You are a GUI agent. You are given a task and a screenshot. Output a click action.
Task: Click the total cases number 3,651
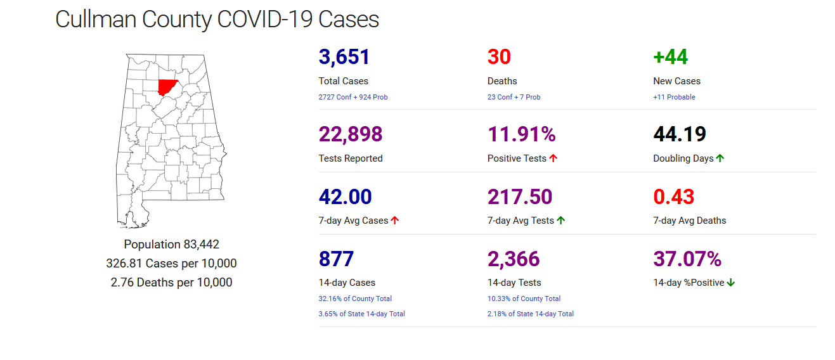pyautogui.click(x=344, y=57)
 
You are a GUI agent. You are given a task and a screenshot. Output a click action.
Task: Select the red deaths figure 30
pyautogui.click(x=499, y=57)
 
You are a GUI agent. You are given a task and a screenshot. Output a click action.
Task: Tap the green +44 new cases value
pyautogui.click(x=670, y=57)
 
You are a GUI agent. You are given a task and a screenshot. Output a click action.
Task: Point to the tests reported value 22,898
pyautogui.click(x=351, y=134)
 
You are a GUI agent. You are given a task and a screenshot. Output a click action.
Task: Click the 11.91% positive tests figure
pyautogui.click(x=521, y=134)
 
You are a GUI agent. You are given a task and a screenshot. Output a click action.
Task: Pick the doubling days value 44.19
pyautogui.click(x=680, y=134)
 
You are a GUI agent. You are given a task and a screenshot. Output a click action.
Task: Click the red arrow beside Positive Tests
pyautogui.click(x=553, y=158)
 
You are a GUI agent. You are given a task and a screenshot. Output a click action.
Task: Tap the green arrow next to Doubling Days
pyautogui.click(x=720, y=158)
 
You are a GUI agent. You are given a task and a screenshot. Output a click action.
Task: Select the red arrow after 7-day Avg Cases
pyautogui.click(x=395, y=221)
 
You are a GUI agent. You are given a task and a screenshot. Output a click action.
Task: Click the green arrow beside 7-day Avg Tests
pyautogui.click(x=561, y=221)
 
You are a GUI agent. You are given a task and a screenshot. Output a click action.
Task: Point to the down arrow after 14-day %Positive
pyautogui.click(x=731, y=283)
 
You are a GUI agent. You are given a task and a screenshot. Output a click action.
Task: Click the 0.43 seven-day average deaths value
pyautogui.click(x=673, y=196)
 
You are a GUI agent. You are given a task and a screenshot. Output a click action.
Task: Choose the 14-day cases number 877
pyautogui.click(x=336, y=259)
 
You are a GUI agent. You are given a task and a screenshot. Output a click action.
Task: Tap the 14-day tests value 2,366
pyautogui.click(x=514, y=259)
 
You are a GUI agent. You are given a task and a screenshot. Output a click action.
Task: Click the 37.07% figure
pyautogui.click(x=687, y=259)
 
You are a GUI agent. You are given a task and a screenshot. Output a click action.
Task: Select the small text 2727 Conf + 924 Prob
pyautogui.click(x=353, y=97)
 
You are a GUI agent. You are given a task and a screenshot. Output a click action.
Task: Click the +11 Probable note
pyautogui.click(x=674, y=97)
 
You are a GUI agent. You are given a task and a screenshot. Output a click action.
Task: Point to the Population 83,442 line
pyautogui.click(x=171, y=245)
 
